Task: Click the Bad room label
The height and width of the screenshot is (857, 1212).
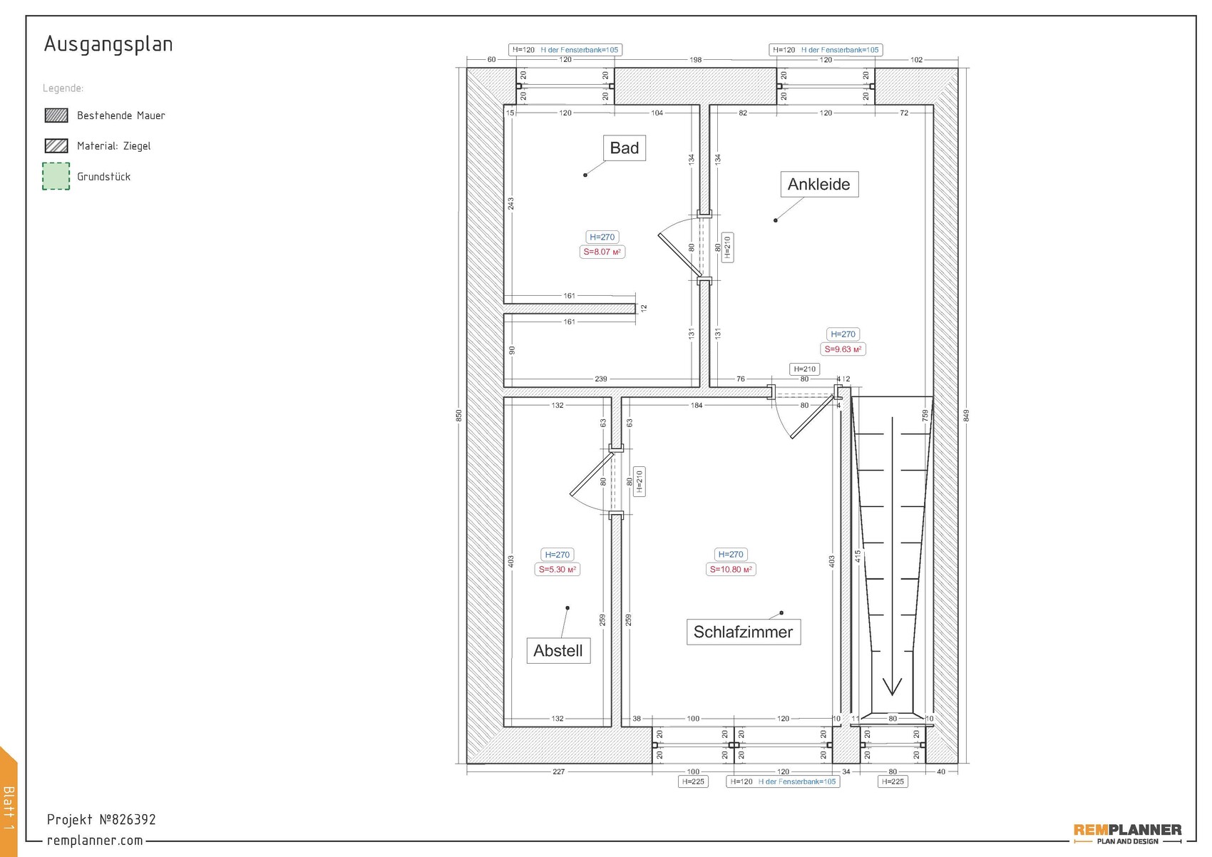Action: [624, 148]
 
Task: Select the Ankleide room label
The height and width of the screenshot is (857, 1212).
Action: [818, 185]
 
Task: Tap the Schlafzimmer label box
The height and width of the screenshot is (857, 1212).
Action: [743, 632]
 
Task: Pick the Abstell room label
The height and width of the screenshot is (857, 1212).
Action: [558, 651]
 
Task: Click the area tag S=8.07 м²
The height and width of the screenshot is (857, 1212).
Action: [602, 252]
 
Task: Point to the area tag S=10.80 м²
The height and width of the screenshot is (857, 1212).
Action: [730, 570]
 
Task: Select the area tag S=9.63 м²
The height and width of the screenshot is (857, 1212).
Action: [843, 349]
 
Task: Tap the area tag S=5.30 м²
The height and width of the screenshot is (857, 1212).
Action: [557, 570]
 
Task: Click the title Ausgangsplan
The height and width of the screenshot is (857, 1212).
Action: [108, 44]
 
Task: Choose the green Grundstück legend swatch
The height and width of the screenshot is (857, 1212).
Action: [56, 176]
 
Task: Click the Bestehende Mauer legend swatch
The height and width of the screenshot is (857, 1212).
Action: [56, 116]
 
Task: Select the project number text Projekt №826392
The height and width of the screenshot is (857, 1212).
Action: [101, 819]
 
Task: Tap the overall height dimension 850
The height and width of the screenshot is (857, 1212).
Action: [459, 415]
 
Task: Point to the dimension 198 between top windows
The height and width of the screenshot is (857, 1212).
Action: [695, 60]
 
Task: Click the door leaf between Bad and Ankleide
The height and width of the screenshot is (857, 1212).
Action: [679, 255]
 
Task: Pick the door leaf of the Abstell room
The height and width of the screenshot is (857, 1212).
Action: [591, 474]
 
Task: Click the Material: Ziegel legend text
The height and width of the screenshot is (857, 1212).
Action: [114, 146]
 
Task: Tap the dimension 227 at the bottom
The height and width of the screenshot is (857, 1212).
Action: [558, 771]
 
